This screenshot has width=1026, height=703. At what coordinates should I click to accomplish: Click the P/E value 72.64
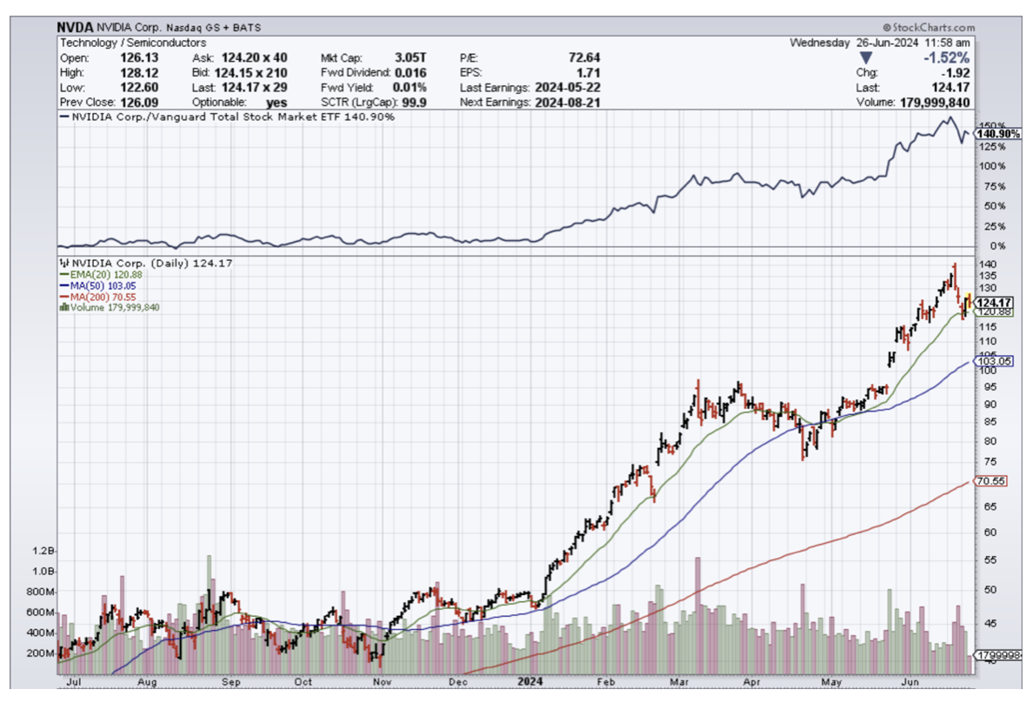[582, 57]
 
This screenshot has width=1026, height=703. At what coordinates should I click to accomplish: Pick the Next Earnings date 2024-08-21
[569, 102]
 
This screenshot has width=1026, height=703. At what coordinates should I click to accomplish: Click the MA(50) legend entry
[97, 285]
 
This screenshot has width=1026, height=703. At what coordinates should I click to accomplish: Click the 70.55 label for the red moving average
[991, 481]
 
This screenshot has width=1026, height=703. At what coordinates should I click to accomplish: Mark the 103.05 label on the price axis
[991, 361]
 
